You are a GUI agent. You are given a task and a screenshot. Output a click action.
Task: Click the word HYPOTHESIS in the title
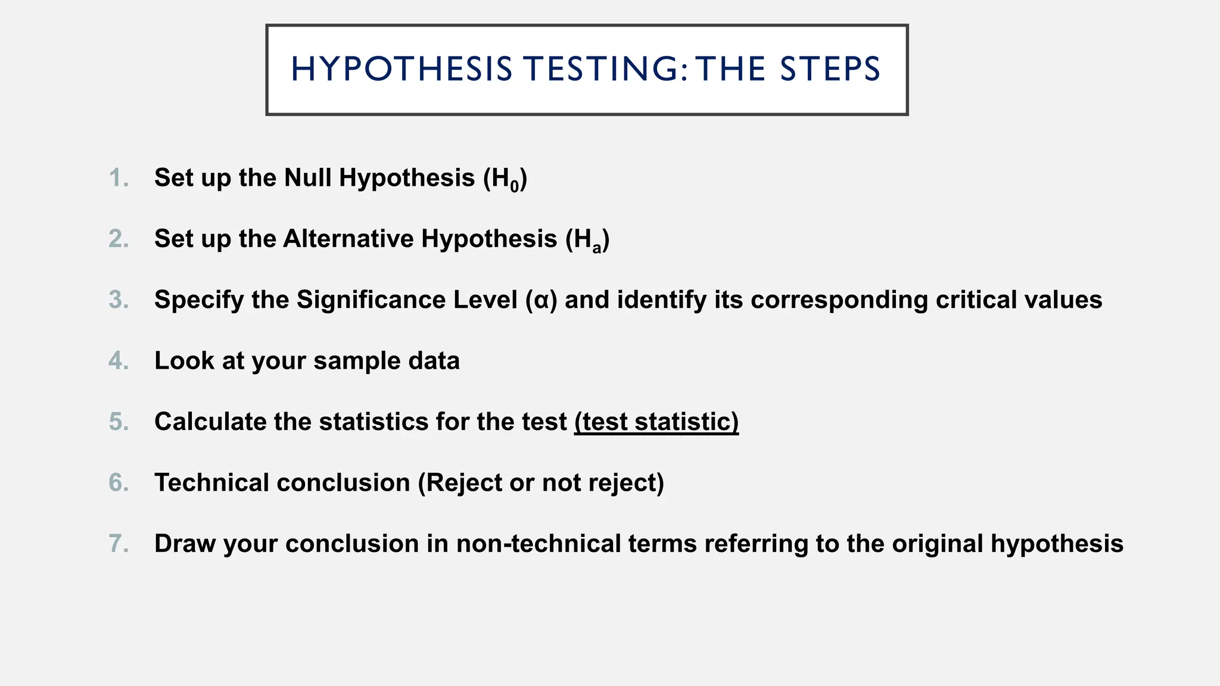coord(402,69)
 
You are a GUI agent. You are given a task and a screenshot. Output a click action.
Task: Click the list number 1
coord(119,178)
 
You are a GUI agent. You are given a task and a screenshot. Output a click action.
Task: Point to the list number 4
coord(119,361)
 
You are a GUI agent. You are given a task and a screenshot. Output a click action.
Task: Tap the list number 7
coord(119,544)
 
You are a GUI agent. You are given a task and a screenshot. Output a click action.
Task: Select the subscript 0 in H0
coord(515,187)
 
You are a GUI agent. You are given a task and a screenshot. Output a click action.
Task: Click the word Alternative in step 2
coord(348,239)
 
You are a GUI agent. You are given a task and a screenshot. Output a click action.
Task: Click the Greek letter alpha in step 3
coord(541,300)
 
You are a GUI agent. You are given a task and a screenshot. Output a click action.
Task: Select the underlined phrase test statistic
coord(656,422)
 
